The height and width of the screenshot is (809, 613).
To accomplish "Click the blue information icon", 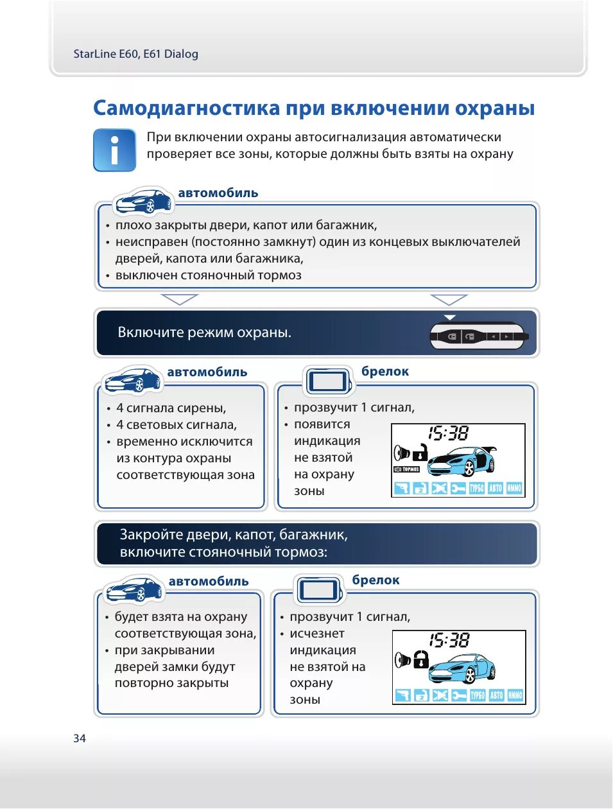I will (x=114, y=150).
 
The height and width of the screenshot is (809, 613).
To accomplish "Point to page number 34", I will (x=80, y=738).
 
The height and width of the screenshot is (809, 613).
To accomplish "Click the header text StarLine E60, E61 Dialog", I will (x=135, y=54).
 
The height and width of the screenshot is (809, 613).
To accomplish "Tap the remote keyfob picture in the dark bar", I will (x=478, y=336).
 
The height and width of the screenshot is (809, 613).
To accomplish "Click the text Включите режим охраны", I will (x=204, y=333).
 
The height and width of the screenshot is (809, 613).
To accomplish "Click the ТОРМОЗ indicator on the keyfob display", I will (x=406, y=469).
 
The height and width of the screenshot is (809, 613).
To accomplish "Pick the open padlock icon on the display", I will (x=420, y=452).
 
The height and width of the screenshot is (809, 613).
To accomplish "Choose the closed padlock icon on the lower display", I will (x=420, y=659).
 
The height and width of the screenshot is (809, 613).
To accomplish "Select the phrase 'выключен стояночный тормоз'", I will (x=208, y=275).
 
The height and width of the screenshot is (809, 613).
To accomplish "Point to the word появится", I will (x=322, y=424).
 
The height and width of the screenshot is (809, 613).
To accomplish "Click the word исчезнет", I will (x=317, y=634).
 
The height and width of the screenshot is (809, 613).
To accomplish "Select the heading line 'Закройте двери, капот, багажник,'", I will (x=234, y=535).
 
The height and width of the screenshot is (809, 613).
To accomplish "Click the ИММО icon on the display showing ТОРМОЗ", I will (x=515, y=489).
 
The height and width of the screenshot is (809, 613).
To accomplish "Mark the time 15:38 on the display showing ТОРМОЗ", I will (x=449, y=433).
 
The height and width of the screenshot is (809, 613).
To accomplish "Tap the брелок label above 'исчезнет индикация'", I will (x=376, y=580).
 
